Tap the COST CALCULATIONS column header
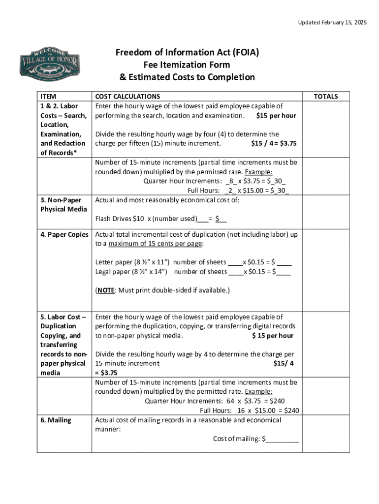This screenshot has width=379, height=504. pyautogui.click(x=127, y=96)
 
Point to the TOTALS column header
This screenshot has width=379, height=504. pyautogui.click(x=326, y=96)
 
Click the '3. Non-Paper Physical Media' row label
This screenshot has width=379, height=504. pyautogui.click(x=61, y=205)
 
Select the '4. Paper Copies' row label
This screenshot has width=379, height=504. pyautogui.click(x=64, y=234)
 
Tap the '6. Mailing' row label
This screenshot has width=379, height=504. pyautogui.click(x=56, y=420)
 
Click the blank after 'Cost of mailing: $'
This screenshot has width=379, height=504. pyautogui.click(x=282, y=439)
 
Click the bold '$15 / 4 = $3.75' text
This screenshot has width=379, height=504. pyautogui.click(x=273, y=143)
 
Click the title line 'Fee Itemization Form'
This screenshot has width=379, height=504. pyautogui.click(x=187, y=64)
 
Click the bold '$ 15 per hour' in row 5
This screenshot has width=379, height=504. pyautogui.click(x=272, y=336)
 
